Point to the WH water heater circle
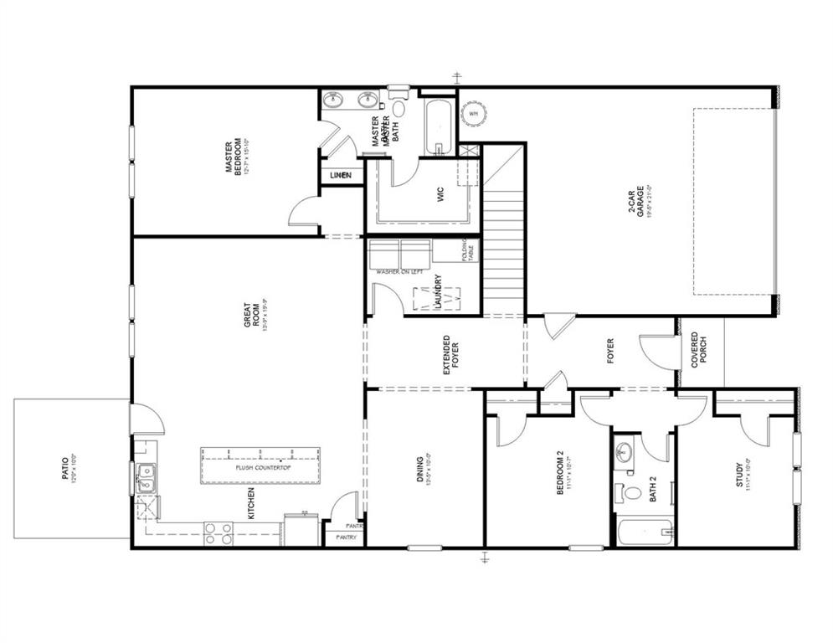coord(474,112)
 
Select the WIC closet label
coord(439,194)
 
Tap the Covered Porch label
coord(699,352)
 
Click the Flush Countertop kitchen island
coord(262,466)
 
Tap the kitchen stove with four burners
coord(218,533)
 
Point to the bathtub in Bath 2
coord(644,533)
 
